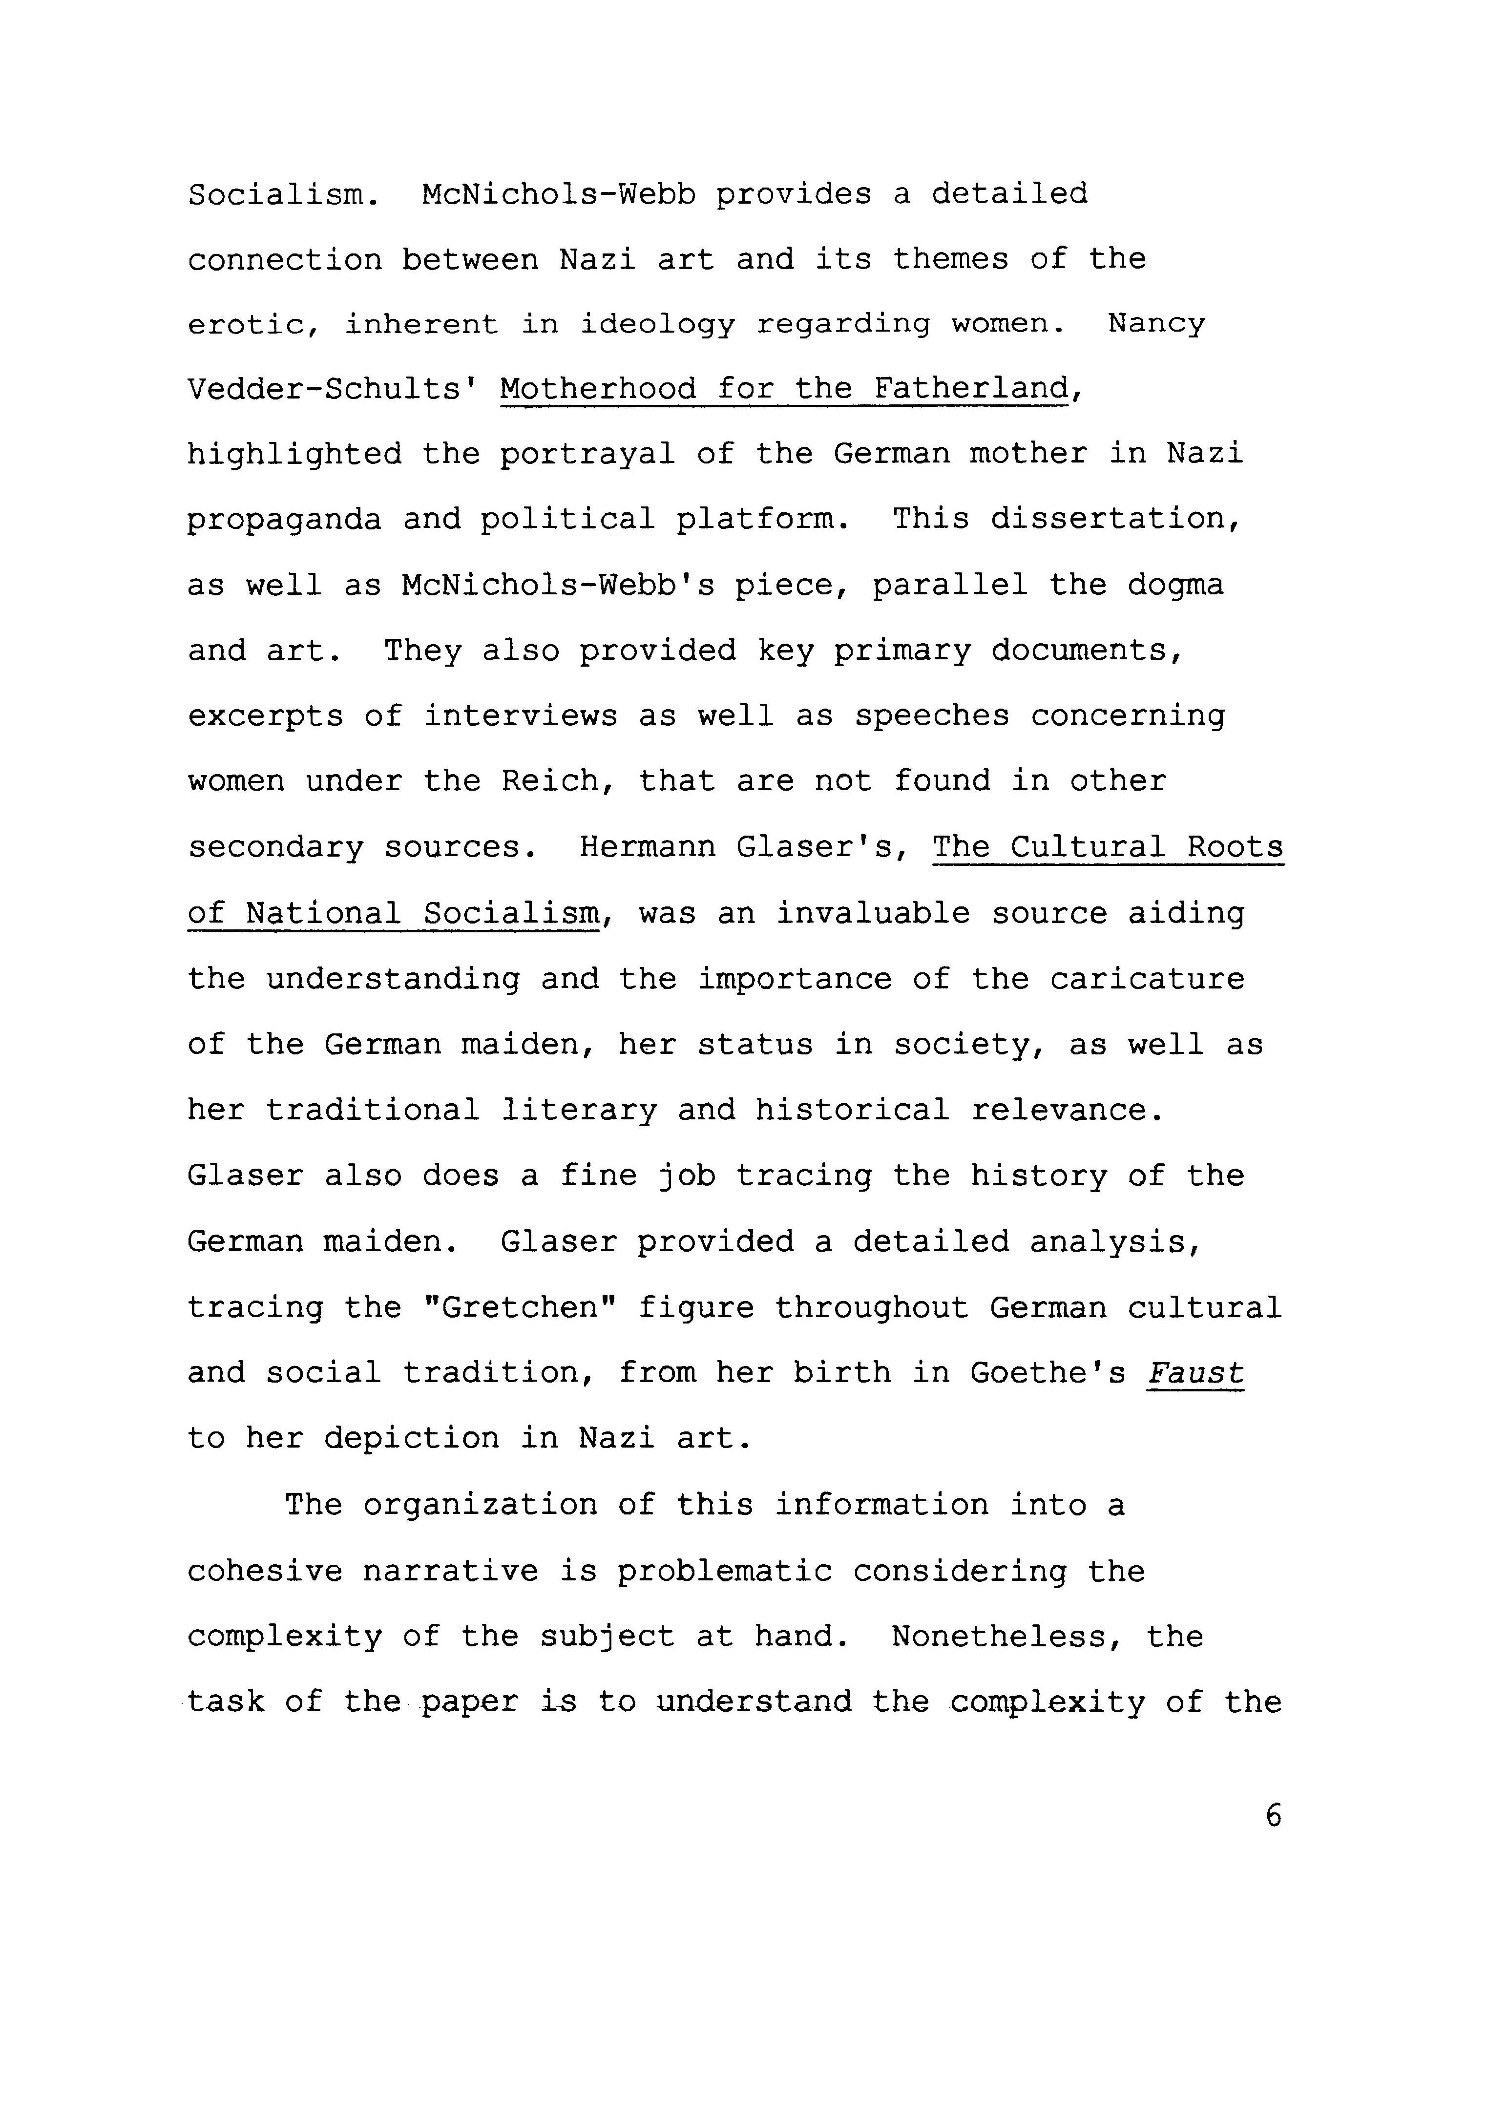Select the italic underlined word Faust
pos(1195,1372)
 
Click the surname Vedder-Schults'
pos(334,389)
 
